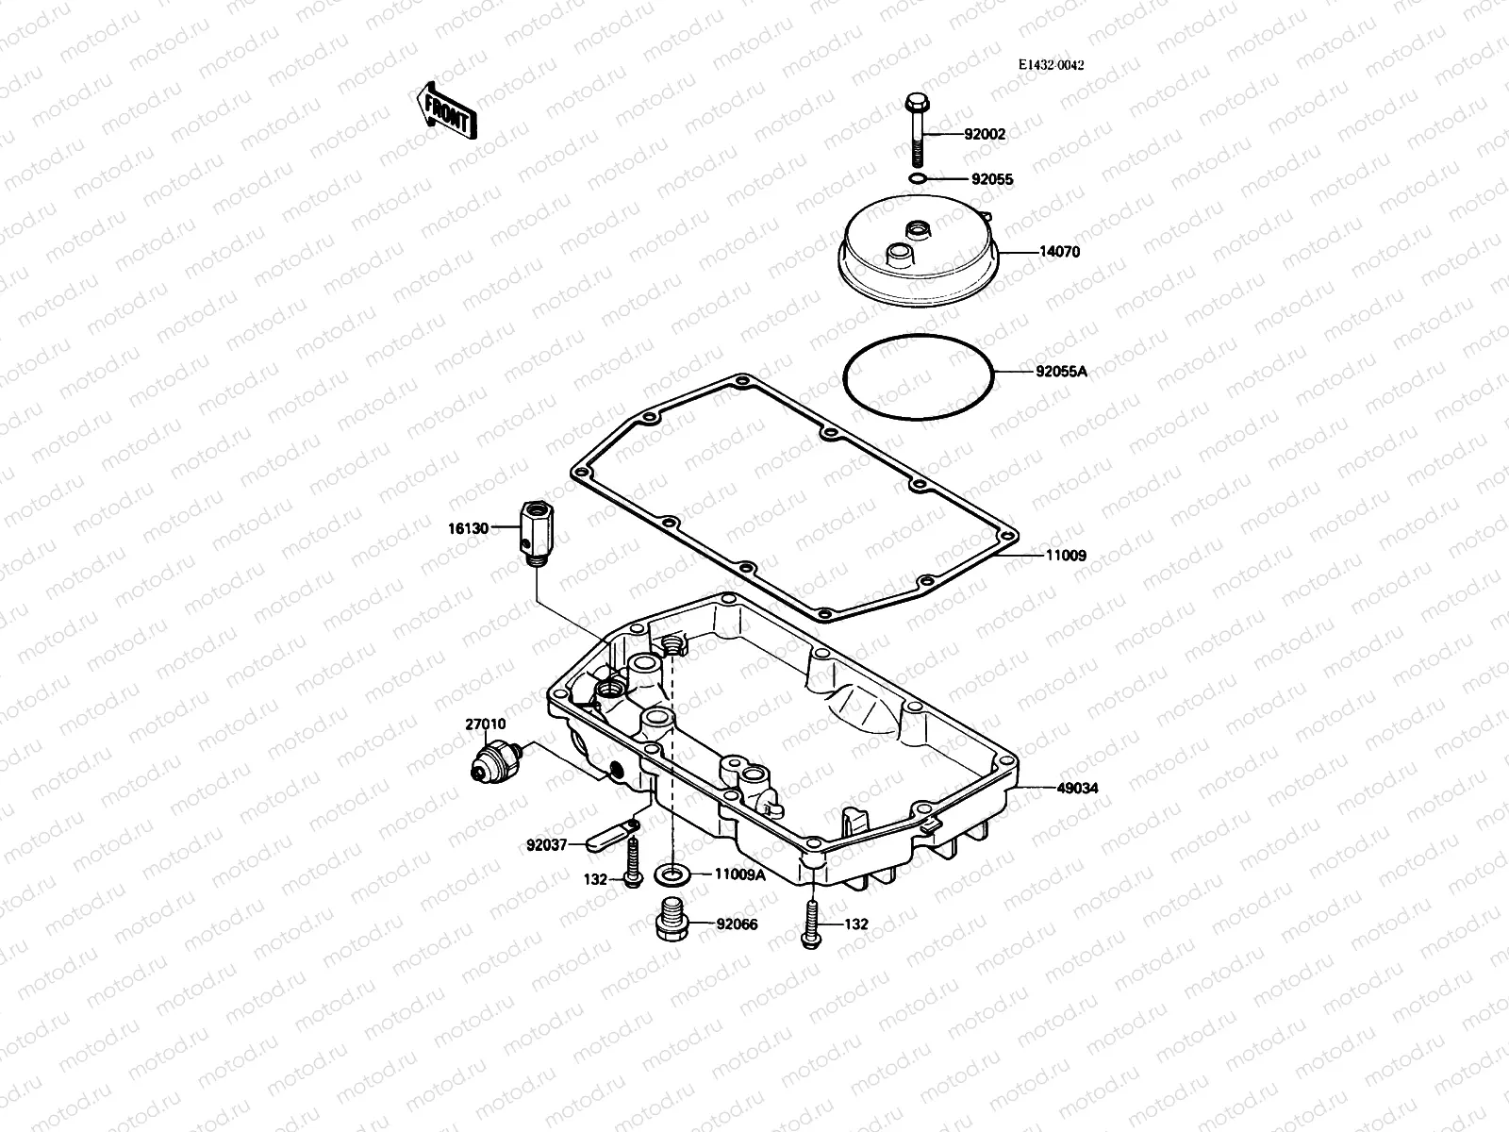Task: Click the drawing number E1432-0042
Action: [x=1051, y=65]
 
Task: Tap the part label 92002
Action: [x=985, y=134]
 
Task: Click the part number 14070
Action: [x=1059, y=252]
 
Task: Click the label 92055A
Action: [x=1061, y=371]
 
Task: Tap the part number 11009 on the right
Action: [x=1065, y=556]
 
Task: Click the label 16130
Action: [x=468, y=528]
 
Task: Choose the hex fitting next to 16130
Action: [x=534, y=533]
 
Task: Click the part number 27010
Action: [x=485, y=724]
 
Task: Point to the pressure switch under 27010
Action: [x=496, y=760]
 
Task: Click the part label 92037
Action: [x=547, y=845]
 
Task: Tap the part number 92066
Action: [x=737, y=924]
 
